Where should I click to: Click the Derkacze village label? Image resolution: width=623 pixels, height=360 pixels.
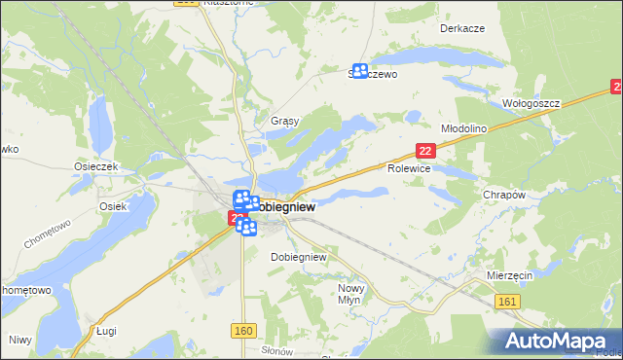click(461, 28)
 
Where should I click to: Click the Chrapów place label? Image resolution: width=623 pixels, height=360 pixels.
click(504, 195)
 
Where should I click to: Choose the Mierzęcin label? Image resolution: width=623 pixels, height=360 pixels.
click(509, 276)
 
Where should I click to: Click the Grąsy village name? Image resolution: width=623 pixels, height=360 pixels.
click(283, 122)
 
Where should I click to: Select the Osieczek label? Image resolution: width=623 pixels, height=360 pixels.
click(95, 166)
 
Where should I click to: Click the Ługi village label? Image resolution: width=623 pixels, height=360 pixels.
click(106, 331)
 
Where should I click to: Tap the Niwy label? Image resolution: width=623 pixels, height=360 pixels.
click(19, 340)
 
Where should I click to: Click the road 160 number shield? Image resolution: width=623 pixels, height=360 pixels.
click(243, 332)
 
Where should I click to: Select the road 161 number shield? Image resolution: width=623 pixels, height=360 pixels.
click(506, 305)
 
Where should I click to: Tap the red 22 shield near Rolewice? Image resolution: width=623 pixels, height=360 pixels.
click(424, 150)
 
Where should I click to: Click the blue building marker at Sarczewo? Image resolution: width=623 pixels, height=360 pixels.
click(359, 71)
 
